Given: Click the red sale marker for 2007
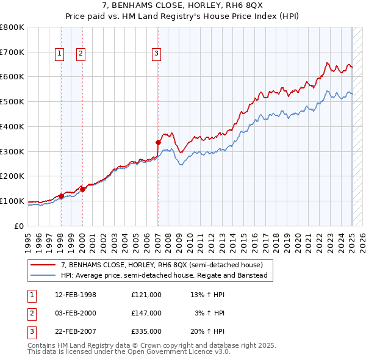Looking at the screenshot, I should [158, 142].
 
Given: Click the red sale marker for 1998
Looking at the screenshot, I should [61, 196].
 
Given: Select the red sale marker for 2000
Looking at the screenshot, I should [82, 189].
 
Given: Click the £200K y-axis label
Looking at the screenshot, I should [13, 176].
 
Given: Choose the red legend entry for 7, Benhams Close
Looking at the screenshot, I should [161, 265].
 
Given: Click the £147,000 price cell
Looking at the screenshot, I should [146, 313].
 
